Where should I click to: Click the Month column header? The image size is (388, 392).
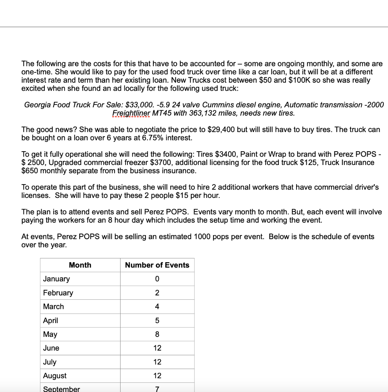coord(80,265)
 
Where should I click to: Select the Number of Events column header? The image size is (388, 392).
coord(157,265)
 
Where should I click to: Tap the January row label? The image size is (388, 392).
coord(57,279)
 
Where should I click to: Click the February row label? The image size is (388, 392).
coord(58,293)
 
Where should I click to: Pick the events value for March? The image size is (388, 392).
coord(157,307)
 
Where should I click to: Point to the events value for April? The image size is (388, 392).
coord(157,320)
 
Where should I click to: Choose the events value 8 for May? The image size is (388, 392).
coord(157,334)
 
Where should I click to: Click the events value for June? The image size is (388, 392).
coord(157,348)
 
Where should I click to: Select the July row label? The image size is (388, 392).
coord(50,362)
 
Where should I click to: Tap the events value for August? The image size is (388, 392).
coord(157,376)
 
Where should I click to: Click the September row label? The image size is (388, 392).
coord(62,389)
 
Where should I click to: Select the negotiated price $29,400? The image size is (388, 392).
coord(220,129)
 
